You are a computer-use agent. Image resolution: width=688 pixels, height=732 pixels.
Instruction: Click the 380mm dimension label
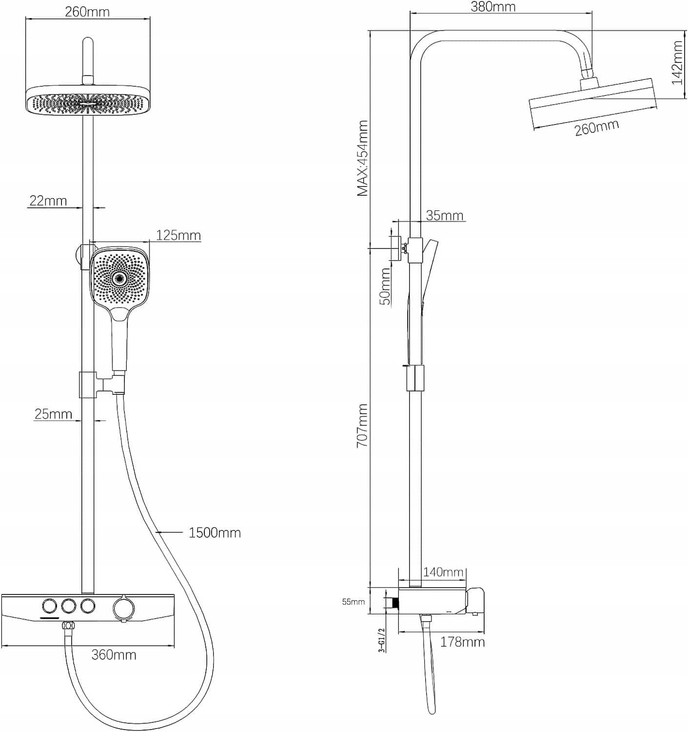pos(493,7)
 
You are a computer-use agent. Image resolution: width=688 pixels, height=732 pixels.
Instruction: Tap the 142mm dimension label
pos(677,62)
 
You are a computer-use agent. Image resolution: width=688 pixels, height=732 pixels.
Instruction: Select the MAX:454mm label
pos(362,159)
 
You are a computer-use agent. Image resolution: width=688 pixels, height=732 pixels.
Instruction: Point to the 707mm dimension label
pos(362,425)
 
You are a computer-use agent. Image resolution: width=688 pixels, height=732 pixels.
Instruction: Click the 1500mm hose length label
pos(215,532)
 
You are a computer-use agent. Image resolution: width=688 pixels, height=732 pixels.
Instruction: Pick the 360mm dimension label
pos(114,654)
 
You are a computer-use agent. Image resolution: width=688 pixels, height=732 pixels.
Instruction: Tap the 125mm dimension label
pos(178,236)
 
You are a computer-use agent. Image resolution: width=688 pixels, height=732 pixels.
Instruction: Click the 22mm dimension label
pos(48,201)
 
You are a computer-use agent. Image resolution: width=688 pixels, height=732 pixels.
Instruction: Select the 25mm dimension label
pos(53,414)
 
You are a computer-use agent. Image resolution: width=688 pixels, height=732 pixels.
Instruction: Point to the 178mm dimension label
pos(462,642)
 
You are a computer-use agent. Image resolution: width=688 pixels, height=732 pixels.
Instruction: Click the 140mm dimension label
pos(443,572)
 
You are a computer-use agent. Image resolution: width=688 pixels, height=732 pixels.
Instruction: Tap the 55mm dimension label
pos(353,602)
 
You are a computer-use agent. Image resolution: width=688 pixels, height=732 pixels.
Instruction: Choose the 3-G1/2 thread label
pos(382,639)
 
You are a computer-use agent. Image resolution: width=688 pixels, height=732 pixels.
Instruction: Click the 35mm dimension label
pos(444,215)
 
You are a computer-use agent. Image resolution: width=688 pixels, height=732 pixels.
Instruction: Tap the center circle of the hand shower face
pos(118,279)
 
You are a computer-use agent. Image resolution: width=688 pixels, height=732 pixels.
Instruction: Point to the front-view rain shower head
pos(88,101)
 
